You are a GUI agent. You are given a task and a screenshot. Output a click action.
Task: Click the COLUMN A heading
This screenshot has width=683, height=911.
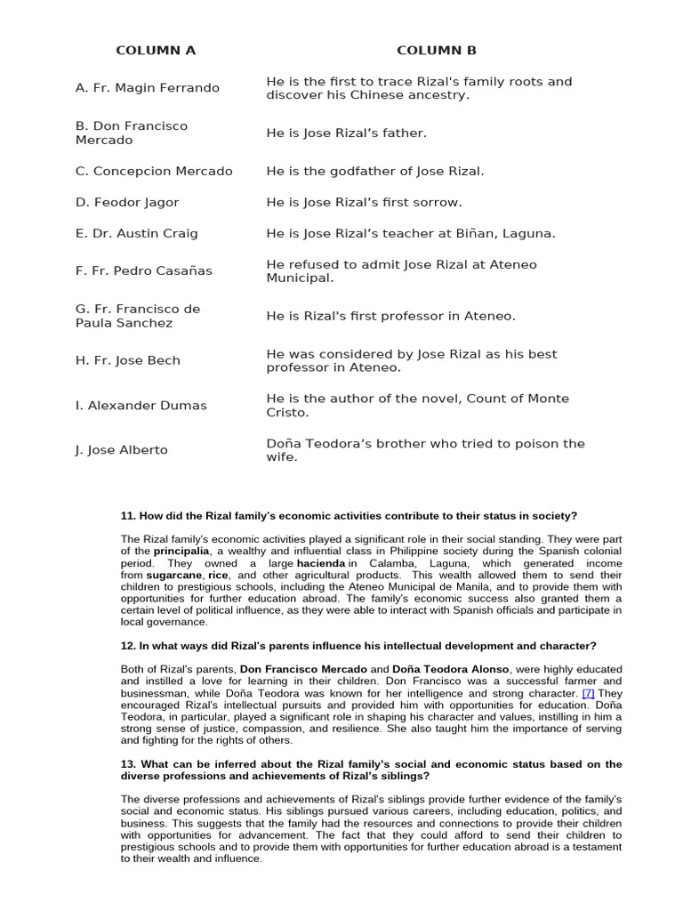pos(156,51)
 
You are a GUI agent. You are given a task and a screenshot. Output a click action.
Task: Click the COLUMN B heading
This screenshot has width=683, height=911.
pos(436,51)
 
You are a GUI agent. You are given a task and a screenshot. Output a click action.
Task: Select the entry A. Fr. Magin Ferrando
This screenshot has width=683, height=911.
pos(147,88)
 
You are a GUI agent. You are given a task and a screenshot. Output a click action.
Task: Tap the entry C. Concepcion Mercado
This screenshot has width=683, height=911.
pos(154,171)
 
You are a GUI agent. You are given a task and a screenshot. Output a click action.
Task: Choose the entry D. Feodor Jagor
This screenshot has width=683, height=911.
pos(127,203)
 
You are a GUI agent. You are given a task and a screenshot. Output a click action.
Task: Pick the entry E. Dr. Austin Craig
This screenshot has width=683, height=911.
pos(136,233)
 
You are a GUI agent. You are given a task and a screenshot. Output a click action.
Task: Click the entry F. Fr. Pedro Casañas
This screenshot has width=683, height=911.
pos(143,270)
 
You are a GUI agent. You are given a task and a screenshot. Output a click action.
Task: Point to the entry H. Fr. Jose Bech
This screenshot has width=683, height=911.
pos(127,360)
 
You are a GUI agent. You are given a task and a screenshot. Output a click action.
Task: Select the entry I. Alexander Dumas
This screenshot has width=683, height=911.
pos(141,405)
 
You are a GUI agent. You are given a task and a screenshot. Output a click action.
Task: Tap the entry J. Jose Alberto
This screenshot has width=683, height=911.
pos(121,449)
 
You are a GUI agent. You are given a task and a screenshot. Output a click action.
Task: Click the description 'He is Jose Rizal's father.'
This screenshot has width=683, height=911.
pos(347,133)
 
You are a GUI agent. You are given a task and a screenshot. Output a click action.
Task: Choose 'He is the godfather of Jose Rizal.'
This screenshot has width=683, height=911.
pos(375,171)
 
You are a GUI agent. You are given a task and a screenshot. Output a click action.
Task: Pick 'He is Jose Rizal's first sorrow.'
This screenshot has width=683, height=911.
pos(364,203)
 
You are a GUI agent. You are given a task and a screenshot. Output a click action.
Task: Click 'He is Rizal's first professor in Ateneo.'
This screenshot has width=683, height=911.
pos(390,316)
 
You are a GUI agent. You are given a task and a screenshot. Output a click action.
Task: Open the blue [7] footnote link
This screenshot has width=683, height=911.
pos(588,692)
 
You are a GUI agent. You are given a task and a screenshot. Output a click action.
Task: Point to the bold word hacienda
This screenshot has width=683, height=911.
pos(320,563)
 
